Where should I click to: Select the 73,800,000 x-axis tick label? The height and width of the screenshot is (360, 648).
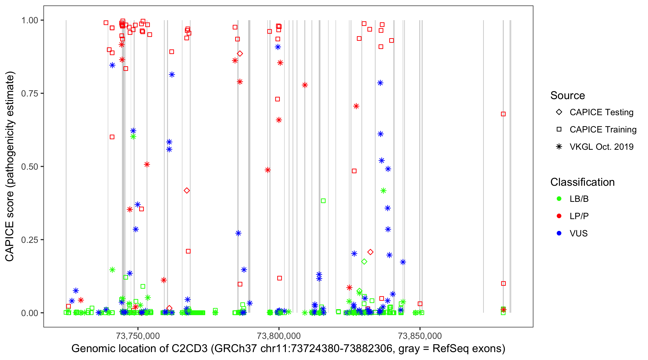tap(278, 336)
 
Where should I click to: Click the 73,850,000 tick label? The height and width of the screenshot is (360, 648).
tap(420, 336)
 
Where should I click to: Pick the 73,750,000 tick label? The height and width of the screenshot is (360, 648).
tap(138, 336)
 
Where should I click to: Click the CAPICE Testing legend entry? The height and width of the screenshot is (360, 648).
tap(601, 112)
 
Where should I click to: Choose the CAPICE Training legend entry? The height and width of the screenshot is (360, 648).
tap(603, 130)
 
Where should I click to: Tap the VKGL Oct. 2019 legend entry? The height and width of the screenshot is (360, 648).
tap(601, 147)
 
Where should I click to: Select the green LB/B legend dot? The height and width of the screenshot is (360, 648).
tap(559, 199)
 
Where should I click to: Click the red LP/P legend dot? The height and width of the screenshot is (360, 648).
tap(559, 216)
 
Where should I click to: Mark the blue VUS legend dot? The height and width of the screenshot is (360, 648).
tap(559, 233)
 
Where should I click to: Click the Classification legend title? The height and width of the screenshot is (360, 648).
tap(582, 182)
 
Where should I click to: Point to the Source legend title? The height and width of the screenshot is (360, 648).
tap(568, 96)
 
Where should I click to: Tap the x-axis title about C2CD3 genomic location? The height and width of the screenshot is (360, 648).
tap(288, 349)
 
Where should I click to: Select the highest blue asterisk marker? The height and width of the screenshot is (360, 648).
tap(278, 47)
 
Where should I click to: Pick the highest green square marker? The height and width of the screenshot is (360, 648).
tap(323, 201)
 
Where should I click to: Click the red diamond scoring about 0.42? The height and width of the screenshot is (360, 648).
tap(187, 191)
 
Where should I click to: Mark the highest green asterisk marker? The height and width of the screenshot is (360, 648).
tap(133, 137)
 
